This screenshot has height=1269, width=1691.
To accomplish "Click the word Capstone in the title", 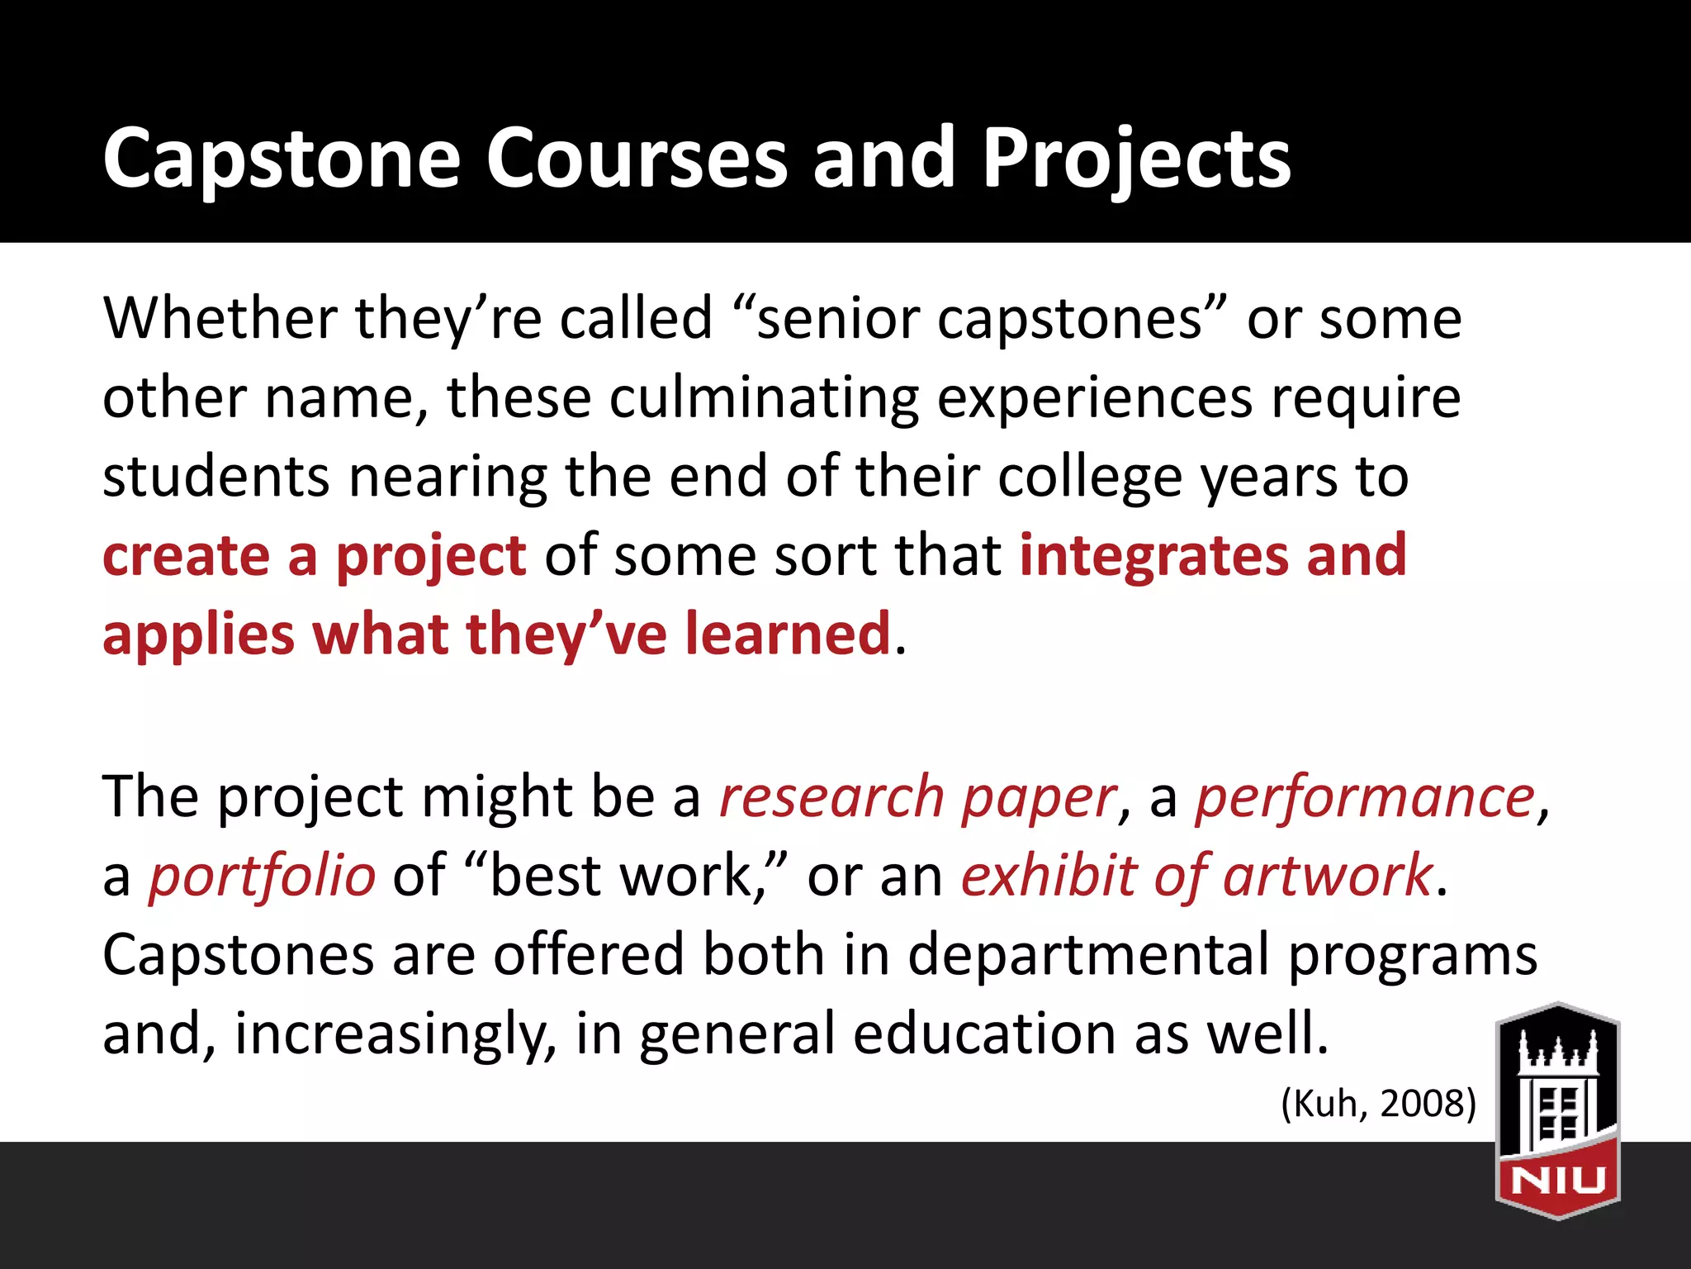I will coord(281,159).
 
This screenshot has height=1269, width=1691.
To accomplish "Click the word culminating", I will coord(764,398).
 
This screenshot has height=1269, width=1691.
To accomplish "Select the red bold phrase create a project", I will coord(314,557).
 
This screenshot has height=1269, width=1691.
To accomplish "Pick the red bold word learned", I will coord(788,634).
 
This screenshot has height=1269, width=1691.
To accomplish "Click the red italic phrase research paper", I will coord(917,798).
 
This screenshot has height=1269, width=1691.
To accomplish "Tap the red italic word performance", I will coord(1365,798).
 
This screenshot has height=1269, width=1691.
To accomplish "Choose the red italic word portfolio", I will coord(262,876).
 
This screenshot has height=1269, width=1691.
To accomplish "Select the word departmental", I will coord(1088,955).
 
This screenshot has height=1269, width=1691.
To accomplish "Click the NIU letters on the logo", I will coord(1557,1180).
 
